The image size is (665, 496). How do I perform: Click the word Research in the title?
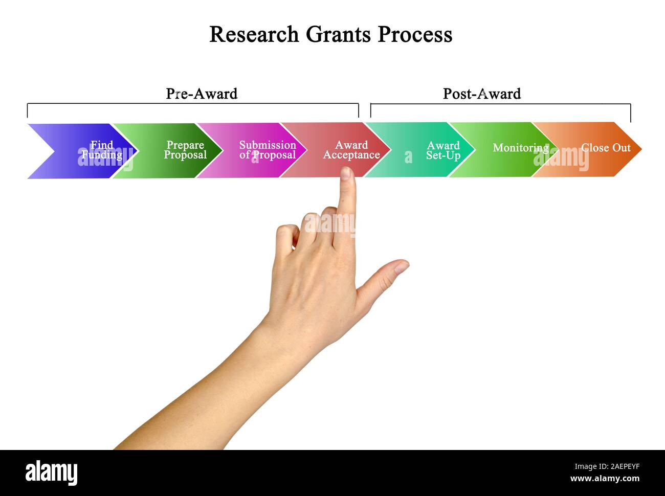coord(254,35)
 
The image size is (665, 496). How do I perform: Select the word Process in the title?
coord(415,35)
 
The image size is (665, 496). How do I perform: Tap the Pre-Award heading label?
coord(202,94)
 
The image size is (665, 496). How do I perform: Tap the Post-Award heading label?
coord(481,94)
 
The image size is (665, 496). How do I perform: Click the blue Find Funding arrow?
coord(82,150)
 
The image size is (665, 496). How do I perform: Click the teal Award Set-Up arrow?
coord(430,150)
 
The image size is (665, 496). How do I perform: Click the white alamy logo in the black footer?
coord(51,472)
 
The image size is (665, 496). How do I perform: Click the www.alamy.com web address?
coord(605,479)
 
